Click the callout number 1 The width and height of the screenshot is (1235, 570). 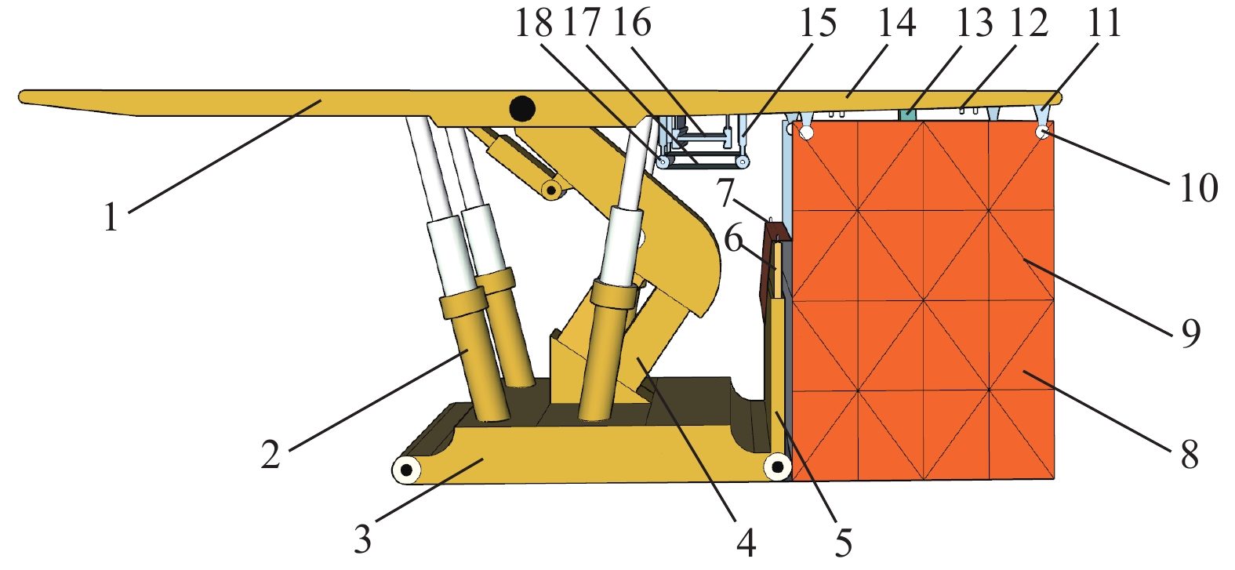pos(111,216)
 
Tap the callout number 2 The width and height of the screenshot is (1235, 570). pos(271,455)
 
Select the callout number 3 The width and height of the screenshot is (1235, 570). pos(362,539)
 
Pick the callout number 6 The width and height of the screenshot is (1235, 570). pos(733,239)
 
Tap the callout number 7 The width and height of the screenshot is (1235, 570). pos(725,192)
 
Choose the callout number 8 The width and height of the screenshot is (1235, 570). pos(1190,455)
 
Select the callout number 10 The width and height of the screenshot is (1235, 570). pos(1199,188)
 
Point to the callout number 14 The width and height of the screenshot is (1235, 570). pos(897,23)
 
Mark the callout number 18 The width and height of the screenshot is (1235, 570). pos(534,23)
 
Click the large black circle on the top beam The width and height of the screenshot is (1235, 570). pos(521,109)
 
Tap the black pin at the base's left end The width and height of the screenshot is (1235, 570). pos(406,470)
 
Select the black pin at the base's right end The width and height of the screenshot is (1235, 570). pos(777,467)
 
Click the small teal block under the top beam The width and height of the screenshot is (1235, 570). pos(907,114)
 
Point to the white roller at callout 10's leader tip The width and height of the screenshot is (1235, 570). pos(1042,133)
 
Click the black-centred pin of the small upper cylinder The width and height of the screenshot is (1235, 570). pos(550,191)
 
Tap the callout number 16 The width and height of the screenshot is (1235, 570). pos(632,23)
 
